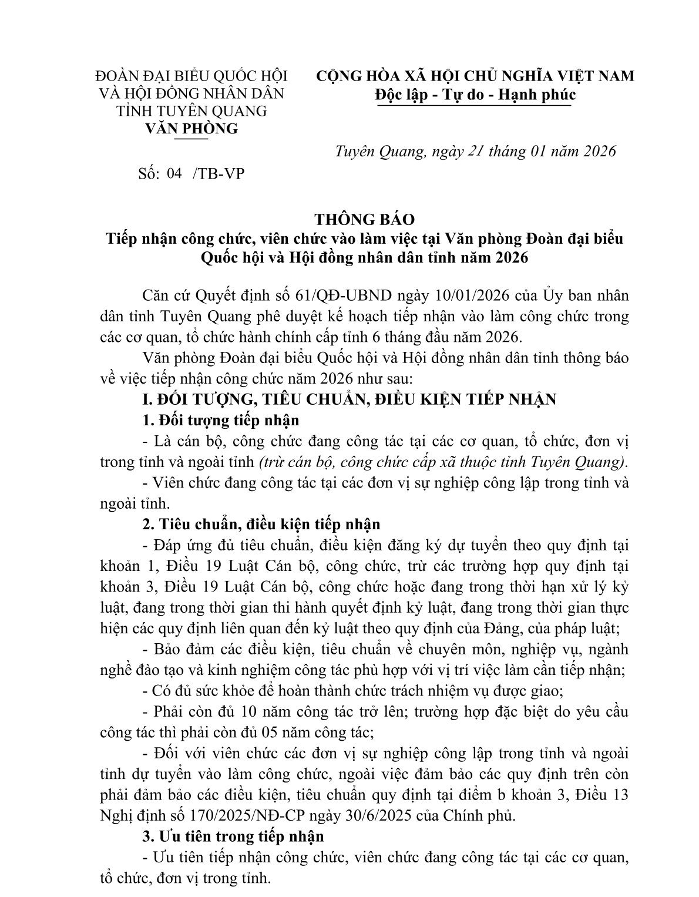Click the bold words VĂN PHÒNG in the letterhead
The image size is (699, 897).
[191, 129]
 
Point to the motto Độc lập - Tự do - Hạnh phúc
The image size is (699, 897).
[474, 95]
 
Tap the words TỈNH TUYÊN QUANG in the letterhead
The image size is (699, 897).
[191, 111]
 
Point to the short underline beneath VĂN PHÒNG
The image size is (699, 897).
[191, 139]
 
